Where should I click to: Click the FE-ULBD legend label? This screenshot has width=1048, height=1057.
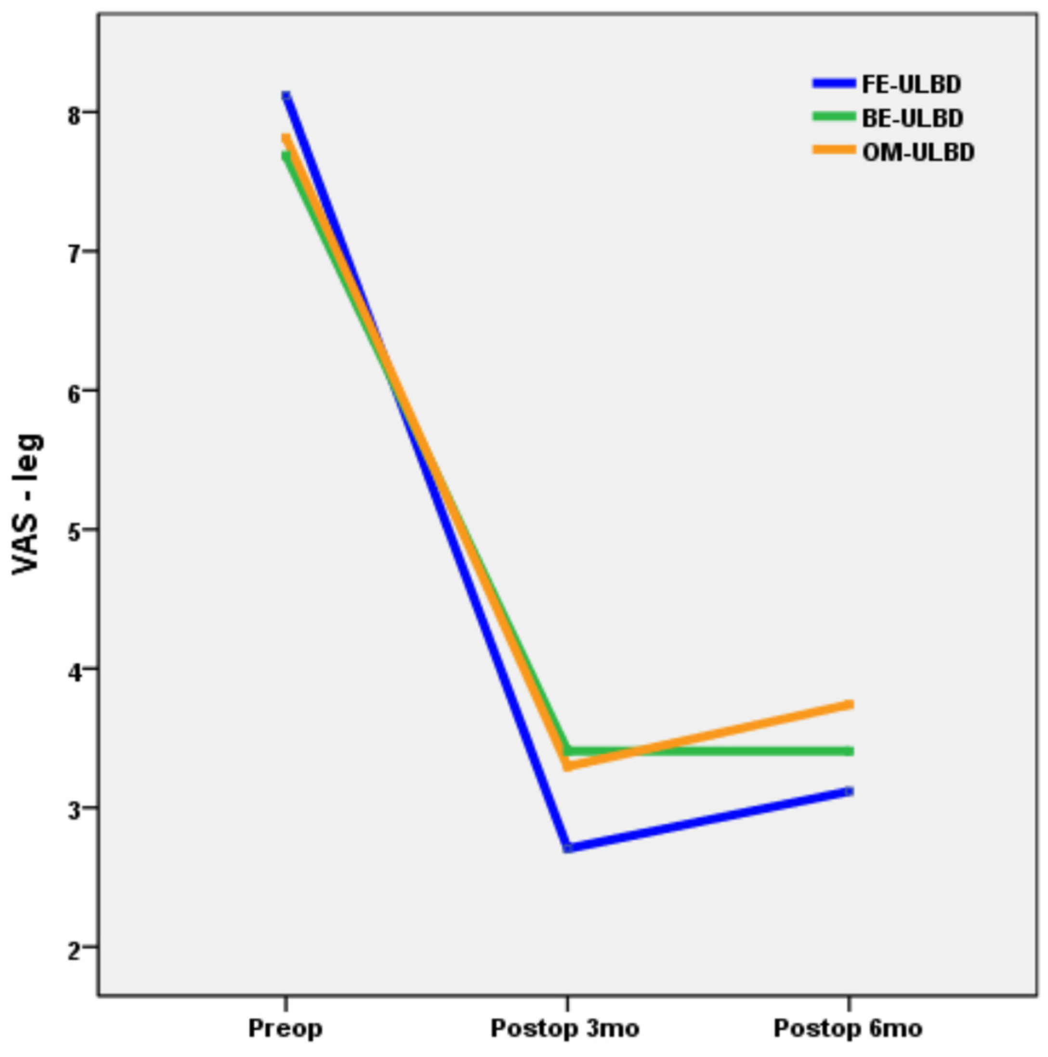point(912,84)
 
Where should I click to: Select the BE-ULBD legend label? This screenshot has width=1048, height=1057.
point(913,118)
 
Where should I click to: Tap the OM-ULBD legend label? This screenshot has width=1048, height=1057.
point(919,152)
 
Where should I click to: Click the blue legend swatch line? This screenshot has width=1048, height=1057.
point(834,83)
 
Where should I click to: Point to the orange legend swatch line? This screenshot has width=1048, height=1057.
point(834,149)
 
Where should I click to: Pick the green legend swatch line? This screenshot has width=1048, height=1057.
point(834,116)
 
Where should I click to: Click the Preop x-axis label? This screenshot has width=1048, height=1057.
point(285,1029)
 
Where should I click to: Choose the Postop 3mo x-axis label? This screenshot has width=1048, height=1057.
point(565,1029)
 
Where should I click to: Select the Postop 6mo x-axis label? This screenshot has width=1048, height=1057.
point(848,1029)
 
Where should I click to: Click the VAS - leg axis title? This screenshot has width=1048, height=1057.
point(27,504)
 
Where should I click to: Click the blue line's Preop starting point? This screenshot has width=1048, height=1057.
point(286,96)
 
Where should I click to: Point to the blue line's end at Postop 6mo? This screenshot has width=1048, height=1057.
point(849,792)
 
